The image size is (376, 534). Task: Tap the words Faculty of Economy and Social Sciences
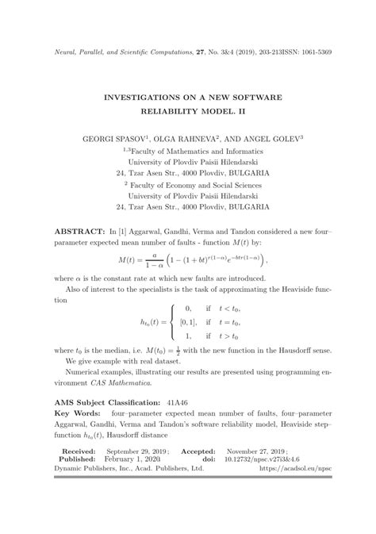coord(194,183)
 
